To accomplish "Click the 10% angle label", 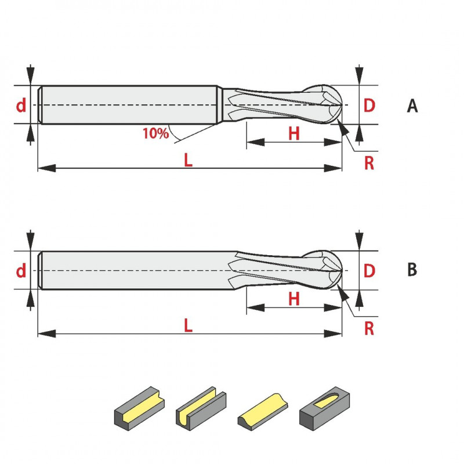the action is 155,133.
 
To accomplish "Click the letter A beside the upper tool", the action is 412,106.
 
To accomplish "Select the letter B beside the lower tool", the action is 412,270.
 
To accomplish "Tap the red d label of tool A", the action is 21,105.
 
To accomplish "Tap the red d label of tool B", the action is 21,270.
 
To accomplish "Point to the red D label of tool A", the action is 369,106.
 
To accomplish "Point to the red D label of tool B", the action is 369,270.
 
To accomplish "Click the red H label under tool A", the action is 294,133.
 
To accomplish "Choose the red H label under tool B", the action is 294,299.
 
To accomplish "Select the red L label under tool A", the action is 188,160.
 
